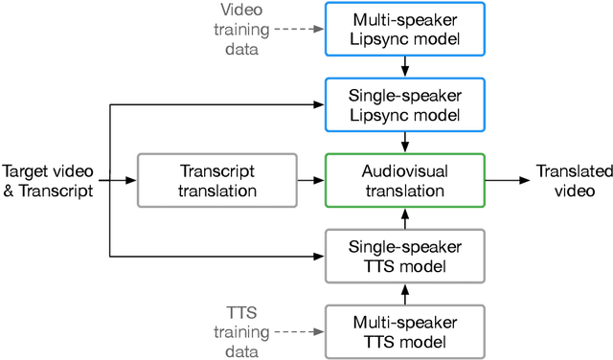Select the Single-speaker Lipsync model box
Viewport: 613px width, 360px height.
click(x=405, y=103)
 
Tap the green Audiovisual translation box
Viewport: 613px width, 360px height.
click(x=405, y=179)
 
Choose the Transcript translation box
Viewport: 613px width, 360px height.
click(x=218, y=179)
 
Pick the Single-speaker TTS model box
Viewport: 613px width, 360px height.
click(x=405, y=256)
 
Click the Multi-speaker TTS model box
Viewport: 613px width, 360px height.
click(x=405, y=330)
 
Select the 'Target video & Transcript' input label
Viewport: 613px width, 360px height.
click(x=48, y=180)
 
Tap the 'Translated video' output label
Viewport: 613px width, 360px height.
click(x=573, y=180)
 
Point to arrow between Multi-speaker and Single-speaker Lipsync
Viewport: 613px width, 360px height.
click(x=405, y=65)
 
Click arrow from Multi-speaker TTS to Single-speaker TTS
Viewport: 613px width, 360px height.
click(x=405, y=293)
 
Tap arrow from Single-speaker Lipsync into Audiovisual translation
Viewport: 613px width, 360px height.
click(x=405, y=141)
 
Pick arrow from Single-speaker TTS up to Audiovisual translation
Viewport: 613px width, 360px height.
click(x=405, y=217)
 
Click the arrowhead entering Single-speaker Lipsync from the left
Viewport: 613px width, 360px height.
click(x=320, y=103)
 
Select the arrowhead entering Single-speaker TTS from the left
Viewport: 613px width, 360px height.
click(x=320, y=256)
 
